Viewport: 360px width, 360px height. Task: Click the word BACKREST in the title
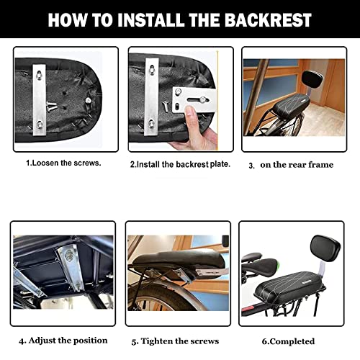268,20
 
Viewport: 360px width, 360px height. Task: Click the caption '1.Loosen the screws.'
63,163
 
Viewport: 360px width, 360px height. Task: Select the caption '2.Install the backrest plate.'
180,164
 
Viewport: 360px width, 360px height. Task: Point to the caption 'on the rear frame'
297,165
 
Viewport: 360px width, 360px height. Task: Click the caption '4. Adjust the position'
63,341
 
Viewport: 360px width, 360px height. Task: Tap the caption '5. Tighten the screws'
175,341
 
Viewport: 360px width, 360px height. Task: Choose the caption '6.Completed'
288,341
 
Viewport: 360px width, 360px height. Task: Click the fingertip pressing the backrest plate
191,112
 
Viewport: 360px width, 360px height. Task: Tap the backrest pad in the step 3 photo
312,79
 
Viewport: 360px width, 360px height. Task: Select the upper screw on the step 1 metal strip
39,76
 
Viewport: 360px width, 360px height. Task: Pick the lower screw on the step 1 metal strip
40,125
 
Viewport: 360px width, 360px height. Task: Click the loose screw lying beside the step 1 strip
51,106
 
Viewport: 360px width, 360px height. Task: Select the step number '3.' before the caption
251,166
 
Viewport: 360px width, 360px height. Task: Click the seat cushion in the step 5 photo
176,261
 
